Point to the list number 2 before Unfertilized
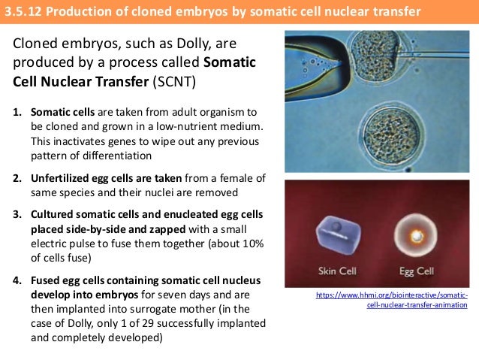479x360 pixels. pos(17,179)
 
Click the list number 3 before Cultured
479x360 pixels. pos(17,214)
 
